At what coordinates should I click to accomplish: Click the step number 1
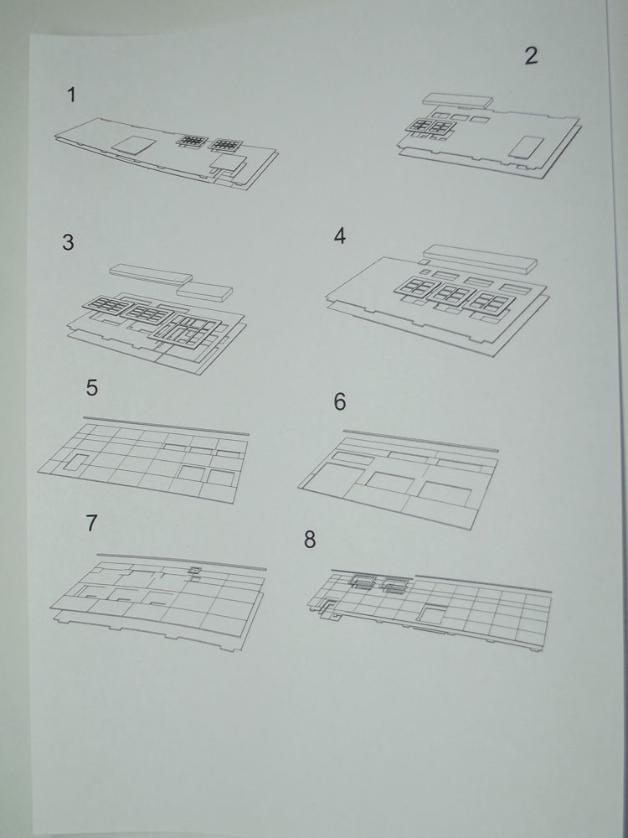[71, 96]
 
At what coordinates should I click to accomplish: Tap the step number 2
[531, 56]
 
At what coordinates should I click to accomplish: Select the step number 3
[68, 243]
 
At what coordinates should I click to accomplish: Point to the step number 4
[340, 236]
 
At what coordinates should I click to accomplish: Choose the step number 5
[92, 388]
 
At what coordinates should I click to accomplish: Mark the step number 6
[340, 402]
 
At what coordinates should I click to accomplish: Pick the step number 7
[92, 523]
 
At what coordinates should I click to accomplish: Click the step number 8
[310, 540]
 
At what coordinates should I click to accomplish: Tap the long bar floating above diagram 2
[458, 101]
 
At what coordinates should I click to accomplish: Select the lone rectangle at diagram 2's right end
[526, 147]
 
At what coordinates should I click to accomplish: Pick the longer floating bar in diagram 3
[151, 274]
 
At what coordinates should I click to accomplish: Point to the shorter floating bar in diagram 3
[204, 292]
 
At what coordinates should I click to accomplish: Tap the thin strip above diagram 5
[166, 426]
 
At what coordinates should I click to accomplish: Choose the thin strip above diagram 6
[421, 441]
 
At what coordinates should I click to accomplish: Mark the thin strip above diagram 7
[181, 561]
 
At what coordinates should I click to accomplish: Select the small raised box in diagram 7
[195, 571]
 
